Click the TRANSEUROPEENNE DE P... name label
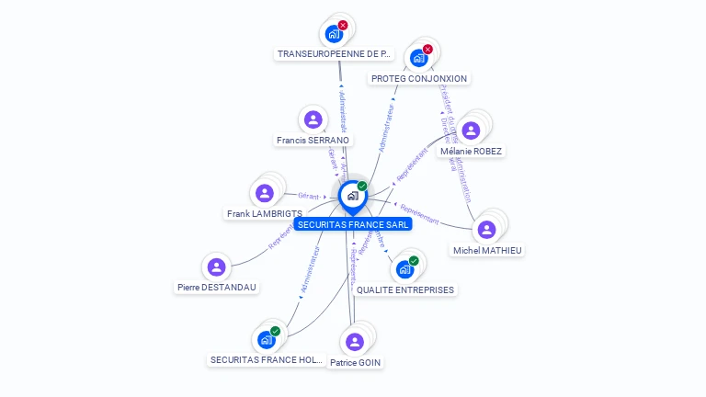point(335,54)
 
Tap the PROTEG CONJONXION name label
point(419,79)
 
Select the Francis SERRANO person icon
point(313,119)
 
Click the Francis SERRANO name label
point(313,141)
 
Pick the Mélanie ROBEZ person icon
point(471,130)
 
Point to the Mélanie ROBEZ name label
point(472,151)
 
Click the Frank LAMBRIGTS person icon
point(265,193)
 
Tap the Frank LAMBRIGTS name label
point(265,214)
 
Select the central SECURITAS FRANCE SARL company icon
point(352,196)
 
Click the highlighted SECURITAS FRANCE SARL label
point(353,223)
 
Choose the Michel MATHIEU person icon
point(486,229)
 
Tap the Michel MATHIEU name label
point(487,250)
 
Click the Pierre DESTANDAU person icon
point(216,267)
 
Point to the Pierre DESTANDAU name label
point(217,288)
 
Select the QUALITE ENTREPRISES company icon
point(404,270)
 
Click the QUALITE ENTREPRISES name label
point(405,290)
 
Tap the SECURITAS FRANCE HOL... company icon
point(266,340)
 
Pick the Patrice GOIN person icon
point(355,342)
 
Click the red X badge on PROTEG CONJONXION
point(427,49)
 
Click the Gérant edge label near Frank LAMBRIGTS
point(308,196)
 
